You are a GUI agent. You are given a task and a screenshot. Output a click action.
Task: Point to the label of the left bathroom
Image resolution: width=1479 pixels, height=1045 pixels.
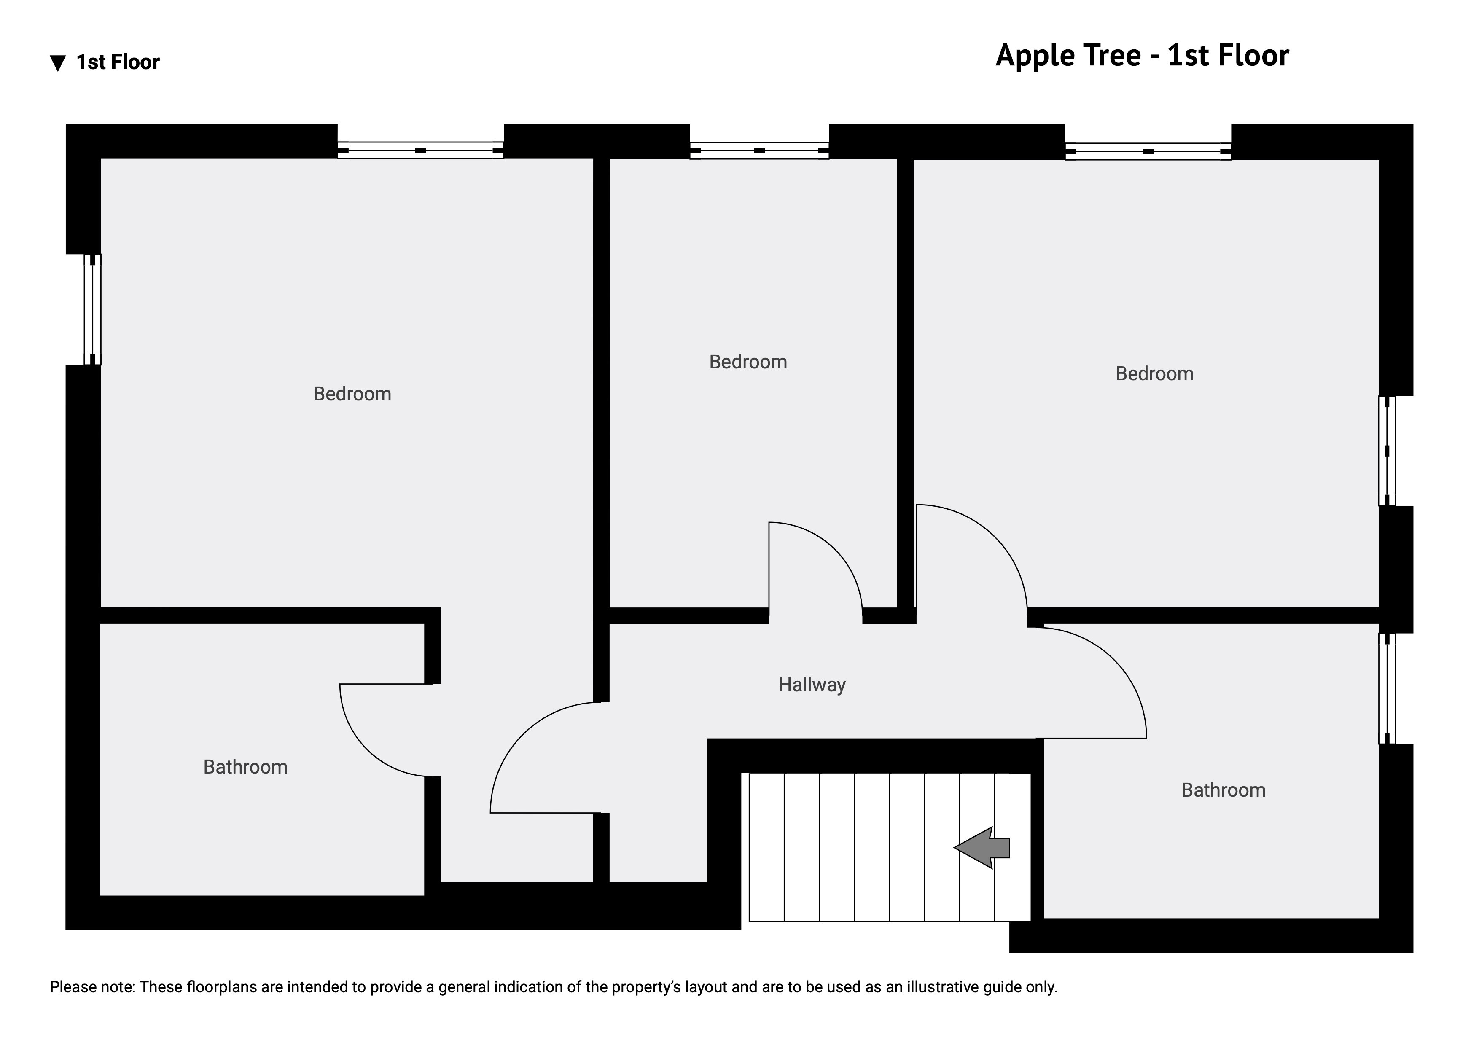pos(245,767)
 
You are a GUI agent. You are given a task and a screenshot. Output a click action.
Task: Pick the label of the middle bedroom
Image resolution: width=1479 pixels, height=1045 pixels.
pos(748,362)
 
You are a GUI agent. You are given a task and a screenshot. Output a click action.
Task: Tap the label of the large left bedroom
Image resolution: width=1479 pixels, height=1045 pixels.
pos(352,394)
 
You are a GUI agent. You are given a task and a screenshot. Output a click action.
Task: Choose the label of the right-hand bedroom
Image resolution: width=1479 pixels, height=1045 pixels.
pos(1154,374)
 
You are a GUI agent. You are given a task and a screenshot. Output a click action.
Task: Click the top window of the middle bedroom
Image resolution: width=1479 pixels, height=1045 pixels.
pos(759,150)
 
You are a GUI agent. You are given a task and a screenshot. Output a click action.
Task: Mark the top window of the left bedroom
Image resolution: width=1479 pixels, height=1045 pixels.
pos(421,150)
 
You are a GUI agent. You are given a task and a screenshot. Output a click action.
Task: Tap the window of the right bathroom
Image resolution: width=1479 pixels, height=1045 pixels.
pos(1387,688)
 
